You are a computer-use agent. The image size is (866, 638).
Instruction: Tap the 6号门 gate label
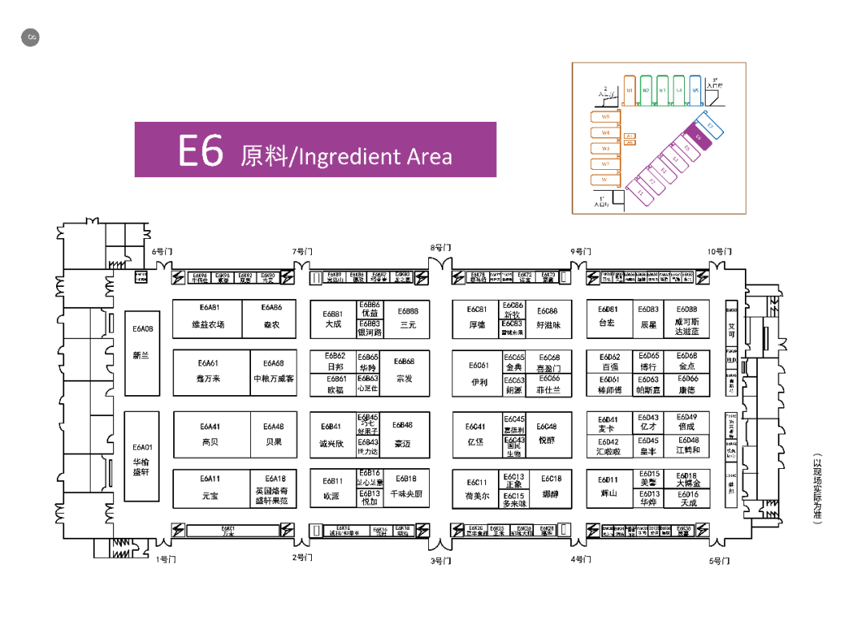point(161,252)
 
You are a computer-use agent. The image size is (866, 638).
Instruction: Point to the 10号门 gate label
point(718,252)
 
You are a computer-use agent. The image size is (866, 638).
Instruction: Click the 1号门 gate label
point(165,559)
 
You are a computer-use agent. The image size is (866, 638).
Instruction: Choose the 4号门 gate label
point(581,559)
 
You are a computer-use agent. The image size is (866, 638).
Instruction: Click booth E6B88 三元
point(407,317)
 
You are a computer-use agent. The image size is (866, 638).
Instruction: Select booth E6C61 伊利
point(479,374)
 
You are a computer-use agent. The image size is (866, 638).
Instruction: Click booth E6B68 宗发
point(404,370)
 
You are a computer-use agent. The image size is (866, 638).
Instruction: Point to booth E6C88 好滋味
point(548,317)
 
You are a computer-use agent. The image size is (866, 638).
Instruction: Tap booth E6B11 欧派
point(332,488)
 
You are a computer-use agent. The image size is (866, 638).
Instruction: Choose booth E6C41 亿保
point(475,434)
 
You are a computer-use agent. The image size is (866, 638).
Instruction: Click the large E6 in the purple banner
point(200,151)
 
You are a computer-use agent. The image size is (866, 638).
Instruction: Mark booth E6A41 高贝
point(210,434)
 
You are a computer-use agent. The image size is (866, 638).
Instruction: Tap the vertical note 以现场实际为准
point(817,490)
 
